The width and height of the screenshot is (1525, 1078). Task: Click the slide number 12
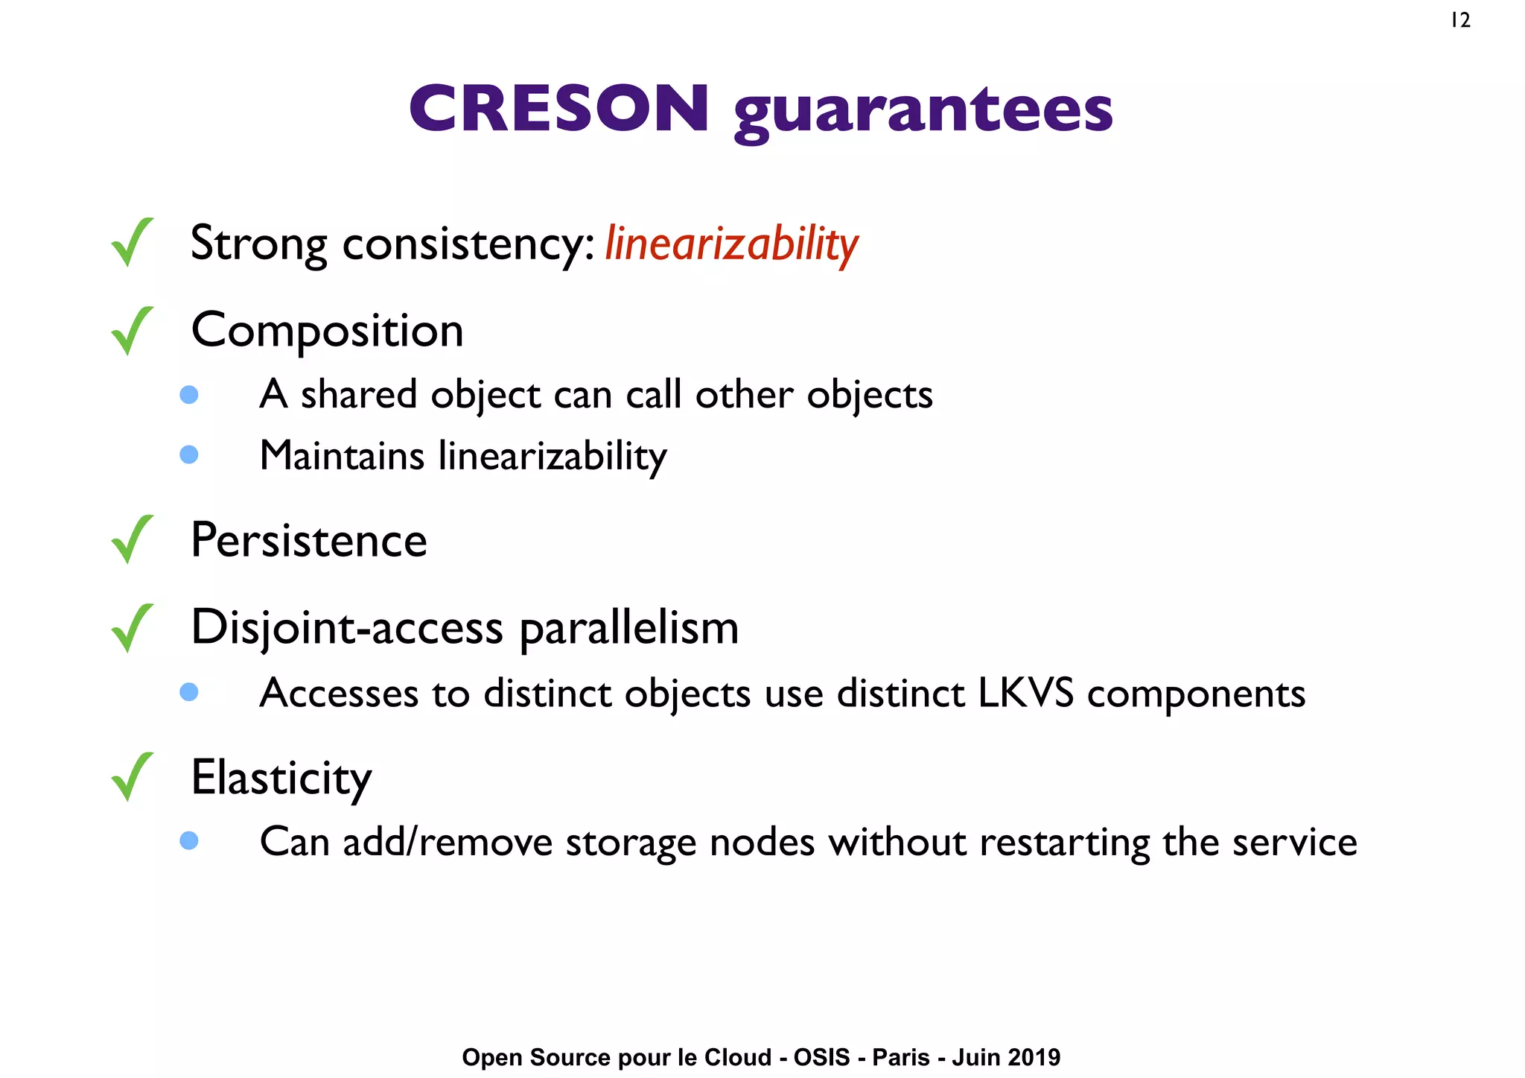coord(1460,21)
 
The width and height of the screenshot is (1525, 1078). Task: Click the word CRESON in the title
coord(559,109)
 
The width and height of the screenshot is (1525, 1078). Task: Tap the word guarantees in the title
coord(923,112)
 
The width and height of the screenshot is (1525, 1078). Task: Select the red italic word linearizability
coord(731,244)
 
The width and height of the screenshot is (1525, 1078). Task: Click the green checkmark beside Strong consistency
coord(132,242)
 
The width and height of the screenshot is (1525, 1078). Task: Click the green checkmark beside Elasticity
coord(132,776)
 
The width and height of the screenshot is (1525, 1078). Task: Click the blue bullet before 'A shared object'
coord(189,394)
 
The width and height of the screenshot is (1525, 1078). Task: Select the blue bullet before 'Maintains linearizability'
coord(189,454)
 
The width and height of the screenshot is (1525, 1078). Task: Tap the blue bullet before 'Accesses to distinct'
coord(189,692)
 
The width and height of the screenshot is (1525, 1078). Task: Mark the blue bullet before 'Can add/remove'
coord(189,840)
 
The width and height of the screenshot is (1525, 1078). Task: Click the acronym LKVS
coord(1025,693)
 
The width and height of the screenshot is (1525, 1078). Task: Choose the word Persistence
coord(309,540)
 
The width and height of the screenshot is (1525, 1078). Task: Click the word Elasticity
coord(281,778)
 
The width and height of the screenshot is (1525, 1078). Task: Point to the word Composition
coord(327,331)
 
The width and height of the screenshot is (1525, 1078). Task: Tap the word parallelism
coord(628,629)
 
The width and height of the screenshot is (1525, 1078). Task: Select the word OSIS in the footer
coord(821,1057)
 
